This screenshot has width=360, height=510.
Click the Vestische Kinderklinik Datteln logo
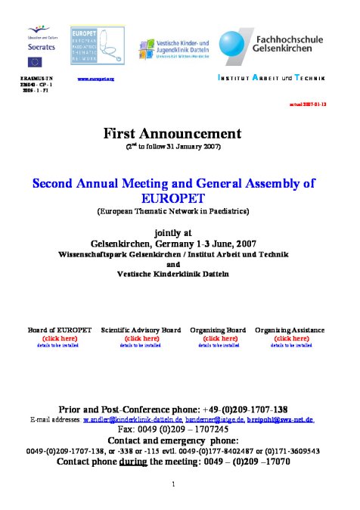(x=173, y=49)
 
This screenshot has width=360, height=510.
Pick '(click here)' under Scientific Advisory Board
(x=140, y=338)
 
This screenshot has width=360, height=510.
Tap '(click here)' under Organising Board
(x=217, y=338)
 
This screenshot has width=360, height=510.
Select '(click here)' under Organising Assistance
(x=290, y=338)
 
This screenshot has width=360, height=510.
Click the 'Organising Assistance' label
(x=290, y=331)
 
